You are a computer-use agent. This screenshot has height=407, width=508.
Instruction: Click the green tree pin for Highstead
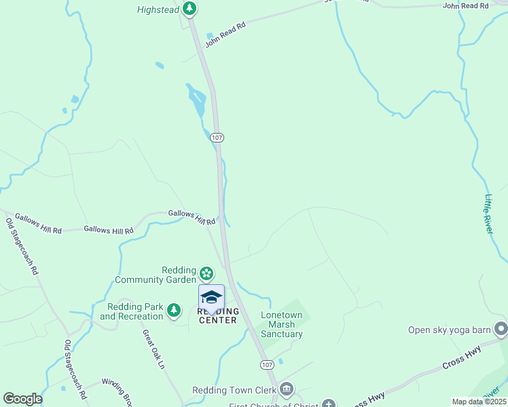pos(190,9)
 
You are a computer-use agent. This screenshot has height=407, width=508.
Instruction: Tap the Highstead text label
pos(158,9)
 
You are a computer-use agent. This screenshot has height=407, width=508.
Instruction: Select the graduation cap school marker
pos(211,297)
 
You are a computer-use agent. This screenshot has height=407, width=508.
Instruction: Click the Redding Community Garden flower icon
pos(206,275)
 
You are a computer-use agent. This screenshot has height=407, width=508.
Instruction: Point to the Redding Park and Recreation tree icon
pos(174,310)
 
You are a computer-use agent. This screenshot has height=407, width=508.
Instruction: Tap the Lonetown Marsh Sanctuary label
pos(282,325)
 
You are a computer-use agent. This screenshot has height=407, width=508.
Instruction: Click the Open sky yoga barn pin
pos(501,330)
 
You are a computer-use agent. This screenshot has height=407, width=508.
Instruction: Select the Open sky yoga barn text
pos(449,330)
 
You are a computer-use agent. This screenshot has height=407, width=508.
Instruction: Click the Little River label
pos(488,214)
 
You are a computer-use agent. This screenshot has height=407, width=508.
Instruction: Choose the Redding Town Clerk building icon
pos(287,389)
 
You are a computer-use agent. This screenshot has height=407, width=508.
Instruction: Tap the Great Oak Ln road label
pos(153,349)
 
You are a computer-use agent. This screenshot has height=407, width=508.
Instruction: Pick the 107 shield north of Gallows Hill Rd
pos(217,137)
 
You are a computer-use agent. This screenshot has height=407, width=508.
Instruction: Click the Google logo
pos(22,398)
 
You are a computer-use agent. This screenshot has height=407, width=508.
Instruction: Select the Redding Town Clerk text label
pos(234,390)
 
